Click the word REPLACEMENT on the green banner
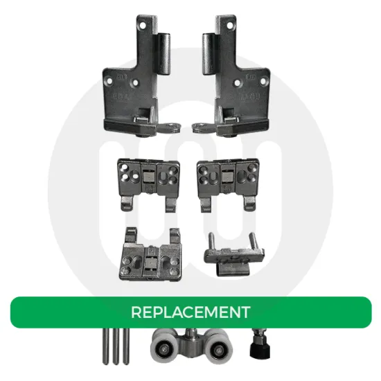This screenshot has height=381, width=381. coord(190,312)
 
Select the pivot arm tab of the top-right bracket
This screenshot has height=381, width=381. coord(202,127)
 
